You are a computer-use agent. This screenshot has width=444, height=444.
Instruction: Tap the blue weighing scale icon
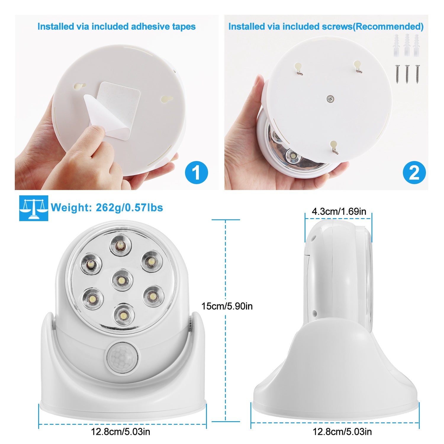33,208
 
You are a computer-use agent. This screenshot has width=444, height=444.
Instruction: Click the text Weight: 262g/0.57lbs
107,207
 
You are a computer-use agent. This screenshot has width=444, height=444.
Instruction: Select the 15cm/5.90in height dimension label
227,306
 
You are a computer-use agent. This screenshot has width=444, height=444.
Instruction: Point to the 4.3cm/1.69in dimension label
339,211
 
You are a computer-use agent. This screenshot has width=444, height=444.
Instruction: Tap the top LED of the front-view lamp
120,245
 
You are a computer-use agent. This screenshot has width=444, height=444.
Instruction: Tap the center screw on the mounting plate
329,99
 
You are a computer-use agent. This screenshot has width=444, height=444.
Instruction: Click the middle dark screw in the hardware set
407,74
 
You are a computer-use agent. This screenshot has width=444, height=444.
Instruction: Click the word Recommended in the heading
389,27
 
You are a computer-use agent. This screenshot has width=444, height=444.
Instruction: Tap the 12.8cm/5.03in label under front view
120,432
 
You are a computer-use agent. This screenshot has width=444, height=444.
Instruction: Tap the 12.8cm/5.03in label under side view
342,432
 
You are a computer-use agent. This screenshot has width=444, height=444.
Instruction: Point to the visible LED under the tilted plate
292,155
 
